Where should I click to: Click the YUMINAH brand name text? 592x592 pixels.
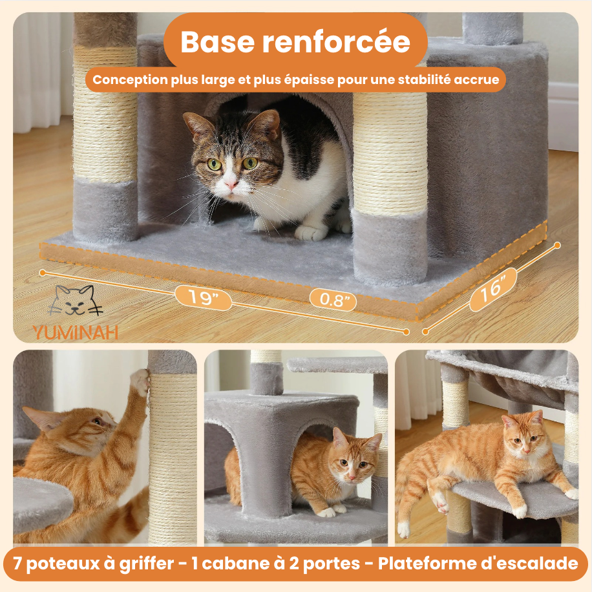click(x=75, y=332)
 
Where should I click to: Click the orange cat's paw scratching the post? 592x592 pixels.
click(x=140, y=383)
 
